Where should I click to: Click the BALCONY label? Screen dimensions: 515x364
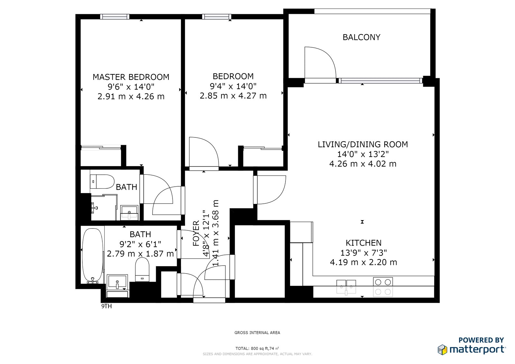point(361,37)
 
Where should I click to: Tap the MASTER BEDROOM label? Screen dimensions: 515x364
point(131,77)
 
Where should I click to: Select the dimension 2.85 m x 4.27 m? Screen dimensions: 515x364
point(233,96)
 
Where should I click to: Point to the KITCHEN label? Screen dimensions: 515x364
point(363,243)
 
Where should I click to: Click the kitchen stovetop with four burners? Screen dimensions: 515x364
point(383,287)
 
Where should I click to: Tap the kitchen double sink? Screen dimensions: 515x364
point(346,287)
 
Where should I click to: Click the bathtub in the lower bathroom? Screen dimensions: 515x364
point(93,256)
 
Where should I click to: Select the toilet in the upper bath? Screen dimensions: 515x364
point(102,182)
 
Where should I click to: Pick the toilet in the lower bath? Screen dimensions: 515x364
point(142,269)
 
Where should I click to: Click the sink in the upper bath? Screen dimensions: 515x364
point(129,212)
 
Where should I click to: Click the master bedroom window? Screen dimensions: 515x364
point(115,16)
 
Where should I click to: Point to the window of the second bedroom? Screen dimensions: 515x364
point(217,16)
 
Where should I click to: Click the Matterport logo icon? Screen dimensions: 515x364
point(442,350)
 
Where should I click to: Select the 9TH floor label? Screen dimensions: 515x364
point(107,306)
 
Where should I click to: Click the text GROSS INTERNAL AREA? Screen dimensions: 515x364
point(257,332)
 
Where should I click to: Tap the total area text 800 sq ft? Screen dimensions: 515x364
point(257,348)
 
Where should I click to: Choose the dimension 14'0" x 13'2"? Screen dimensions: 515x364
point(363,154)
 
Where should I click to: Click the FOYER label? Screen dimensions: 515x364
point(196,233)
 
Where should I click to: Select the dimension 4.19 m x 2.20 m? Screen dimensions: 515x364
point(363,262)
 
